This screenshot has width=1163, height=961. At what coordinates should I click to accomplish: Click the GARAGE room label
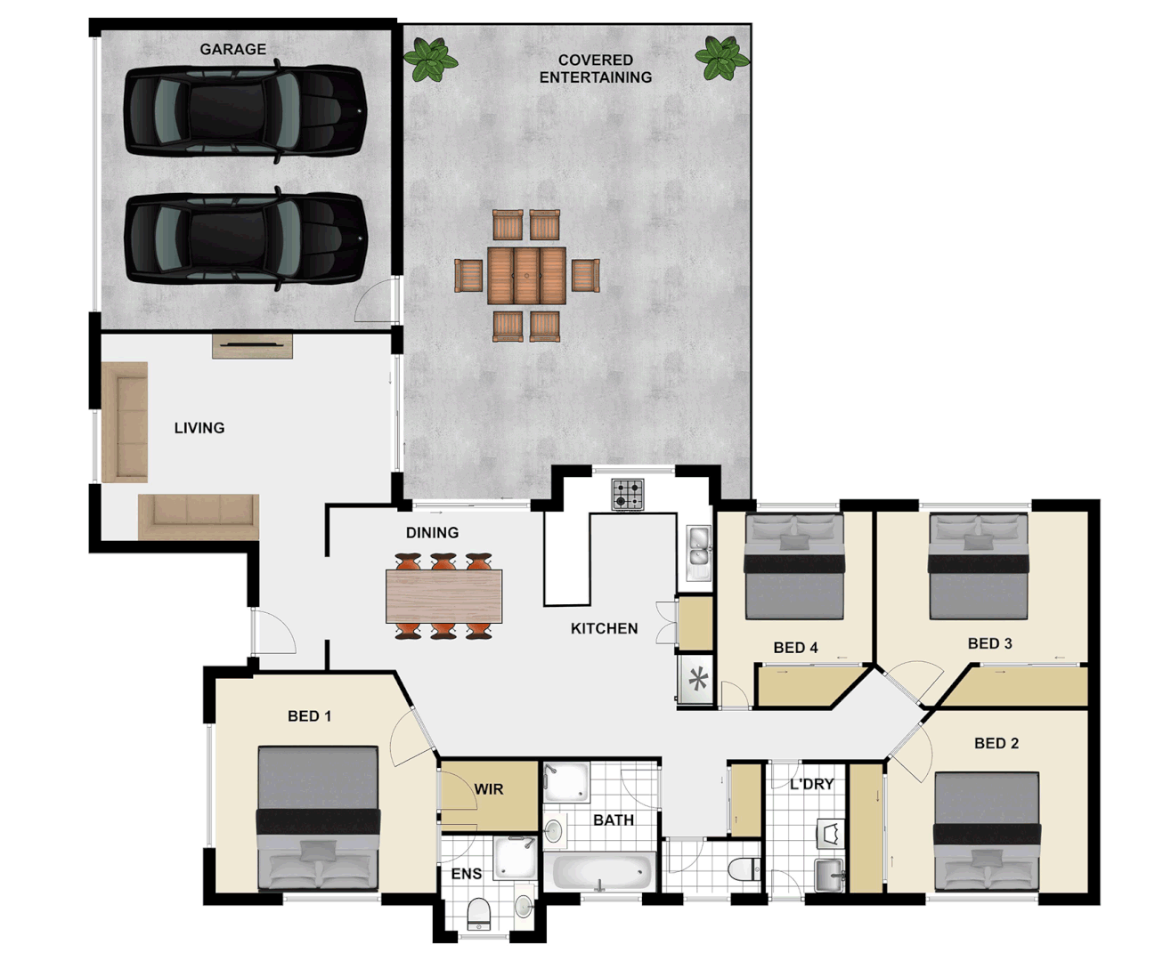point(232,49)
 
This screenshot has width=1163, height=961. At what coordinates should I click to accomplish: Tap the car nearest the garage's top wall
point(245,112)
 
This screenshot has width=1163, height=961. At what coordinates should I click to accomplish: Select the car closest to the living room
point(245,238)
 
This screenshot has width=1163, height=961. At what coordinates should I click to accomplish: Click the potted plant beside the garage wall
point(431,59)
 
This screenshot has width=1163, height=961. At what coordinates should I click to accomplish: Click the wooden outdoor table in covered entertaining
point(526,276)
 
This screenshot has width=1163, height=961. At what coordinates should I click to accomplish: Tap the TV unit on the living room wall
point(252,345)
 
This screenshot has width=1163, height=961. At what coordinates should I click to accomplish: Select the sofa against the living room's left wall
point(125,422)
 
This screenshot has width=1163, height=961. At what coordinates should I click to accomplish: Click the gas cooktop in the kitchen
point(628,495)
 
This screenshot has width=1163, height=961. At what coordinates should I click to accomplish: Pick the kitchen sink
point(699,546)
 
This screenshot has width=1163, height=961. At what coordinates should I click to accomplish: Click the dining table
point(443,595)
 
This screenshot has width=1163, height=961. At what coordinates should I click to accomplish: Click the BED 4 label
point(795,648)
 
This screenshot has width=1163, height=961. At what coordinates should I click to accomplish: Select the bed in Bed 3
point(978,567)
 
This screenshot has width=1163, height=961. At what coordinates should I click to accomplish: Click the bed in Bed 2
point(987,831)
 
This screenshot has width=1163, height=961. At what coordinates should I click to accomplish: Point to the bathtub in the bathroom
point(603,871)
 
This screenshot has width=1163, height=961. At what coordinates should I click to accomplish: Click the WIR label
point(488,789)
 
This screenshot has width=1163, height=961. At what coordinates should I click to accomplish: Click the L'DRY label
point(811,784)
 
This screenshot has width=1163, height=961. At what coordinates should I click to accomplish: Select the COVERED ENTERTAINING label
point(595,69)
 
